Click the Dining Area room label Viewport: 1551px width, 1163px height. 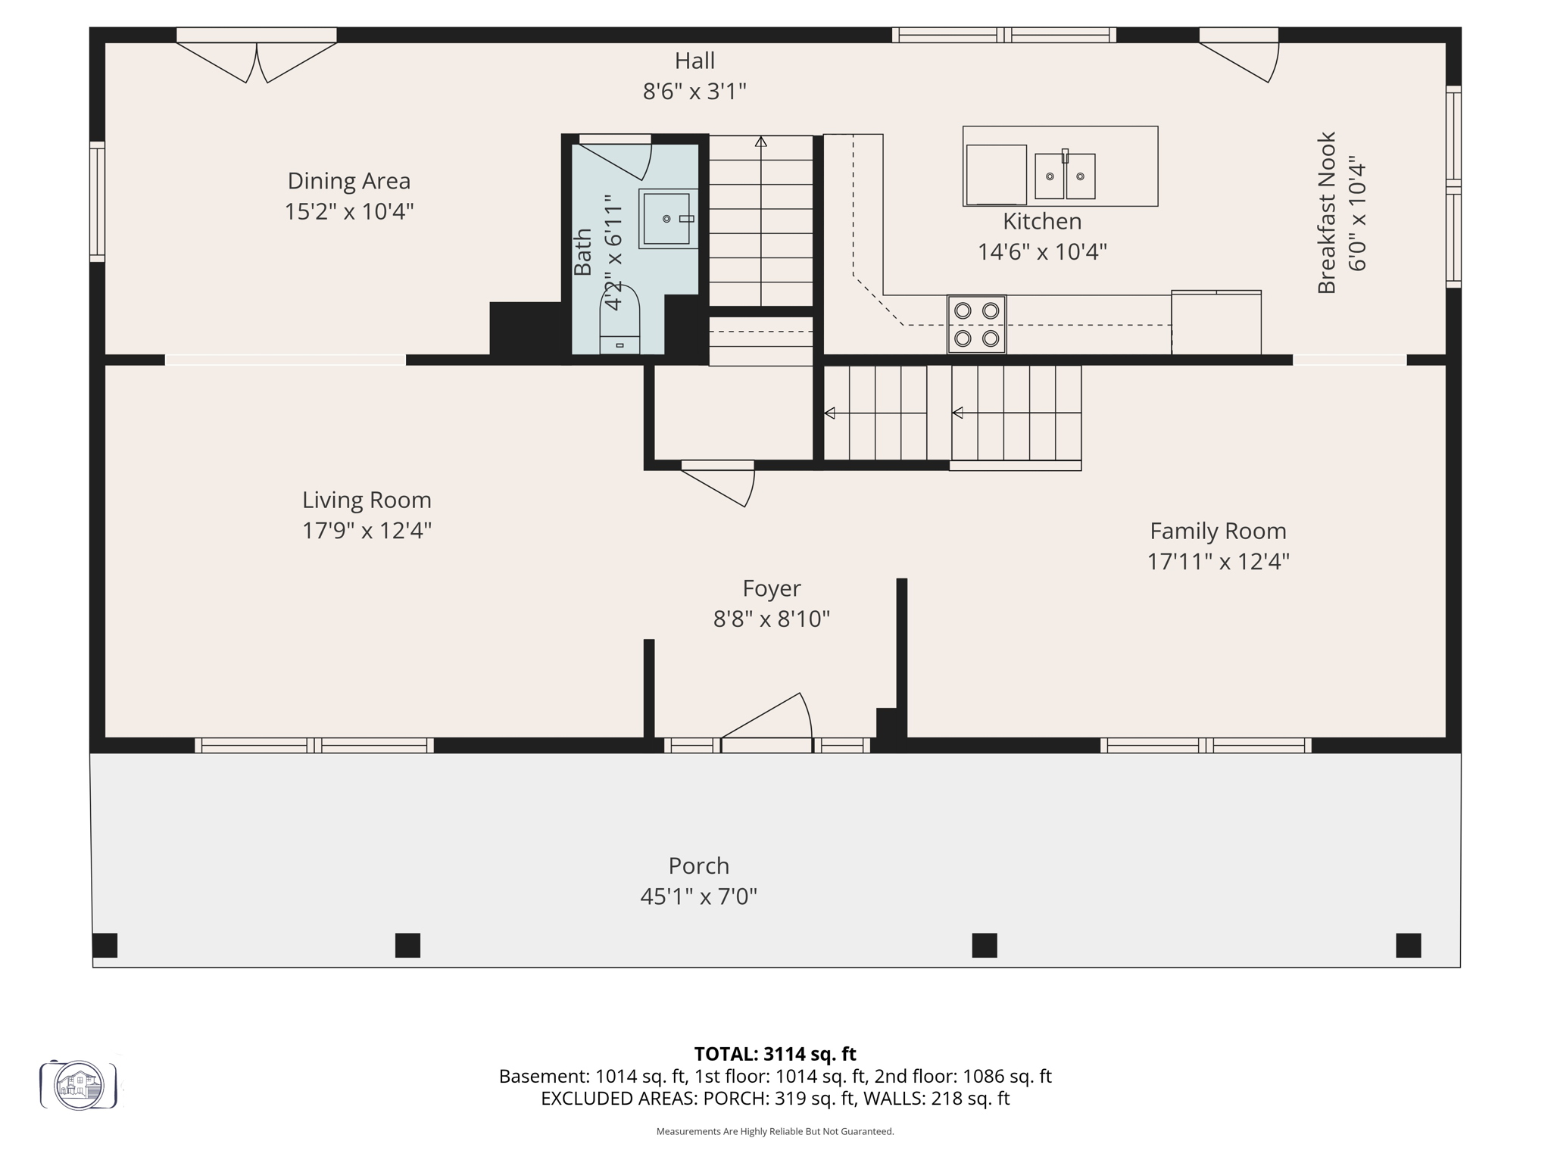click(x=348, y=181)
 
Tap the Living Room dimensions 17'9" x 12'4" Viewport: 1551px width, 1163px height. click(x=367, y=531)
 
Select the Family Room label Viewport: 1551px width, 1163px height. click(x=1218, y=531)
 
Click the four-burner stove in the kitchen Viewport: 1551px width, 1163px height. click(x=976, y=324)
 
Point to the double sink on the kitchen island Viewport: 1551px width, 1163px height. click(x=1065, y=176)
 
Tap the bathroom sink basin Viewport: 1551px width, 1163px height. click(x=667, y=218)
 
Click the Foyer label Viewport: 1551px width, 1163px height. click(x=771, y=588)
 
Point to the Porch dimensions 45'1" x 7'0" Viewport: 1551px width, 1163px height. click(x=698, y=896)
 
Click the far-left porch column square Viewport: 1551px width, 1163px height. click(x=105, y=945)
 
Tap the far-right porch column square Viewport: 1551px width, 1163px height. click(x=1408, y=945)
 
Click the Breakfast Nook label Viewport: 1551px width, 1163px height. click(x=1326, y=214)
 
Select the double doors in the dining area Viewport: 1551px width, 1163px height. click(x=257, y=61)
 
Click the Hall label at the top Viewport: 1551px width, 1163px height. click(x=694, y=61)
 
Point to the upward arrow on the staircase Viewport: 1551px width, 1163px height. click(x=760, y=142)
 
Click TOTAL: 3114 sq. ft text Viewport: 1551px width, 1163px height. click(x=775, y=1054)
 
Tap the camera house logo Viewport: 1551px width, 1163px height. click(x=79, y=1085)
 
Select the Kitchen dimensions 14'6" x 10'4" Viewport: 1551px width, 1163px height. click(x=1042, y=251)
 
